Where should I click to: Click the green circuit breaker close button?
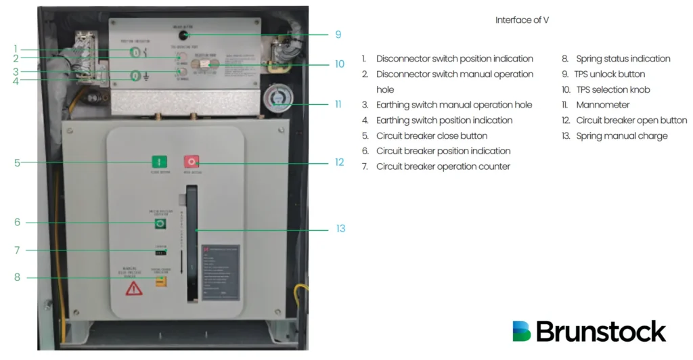[160, 162]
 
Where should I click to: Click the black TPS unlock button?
[184, 35]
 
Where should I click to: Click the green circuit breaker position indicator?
[160, 224]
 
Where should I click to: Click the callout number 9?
[338, 35]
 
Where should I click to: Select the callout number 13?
[340, 229]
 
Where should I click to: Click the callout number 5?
[18, 162]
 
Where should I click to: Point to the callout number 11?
[340, 104]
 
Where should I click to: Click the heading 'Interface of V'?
[522, 20]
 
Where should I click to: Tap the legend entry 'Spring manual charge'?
[621, 136]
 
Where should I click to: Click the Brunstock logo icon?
[522, 331]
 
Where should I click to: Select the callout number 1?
[15, 49]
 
